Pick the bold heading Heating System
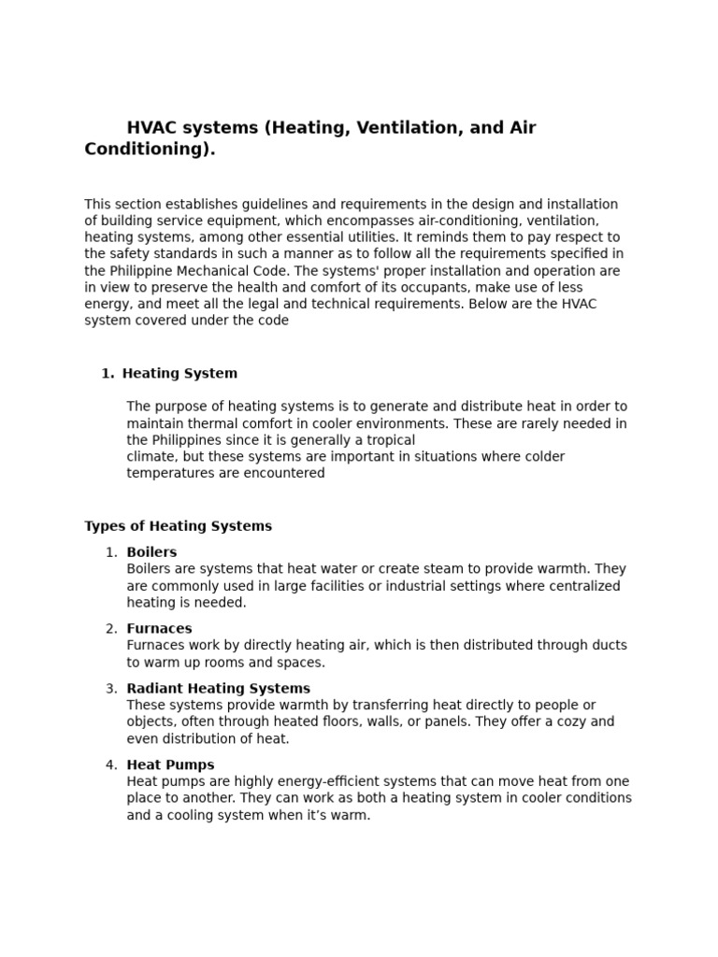[179, 374]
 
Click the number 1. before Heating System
[107, 374]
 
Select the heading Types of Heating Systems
[178, 526]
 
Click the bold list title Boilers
[151, 552]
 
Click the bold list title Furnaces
[159, 629]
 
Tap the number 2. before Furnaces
[111, 629]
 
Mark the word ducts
[609, 646]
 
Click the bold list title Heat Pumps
[170, 765]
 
